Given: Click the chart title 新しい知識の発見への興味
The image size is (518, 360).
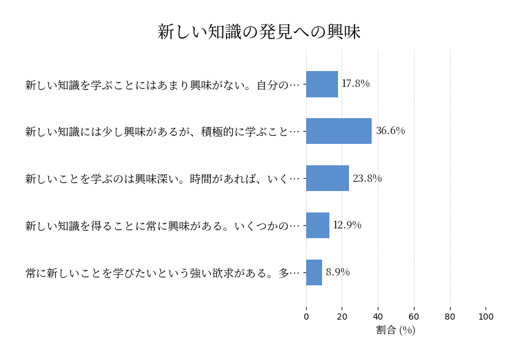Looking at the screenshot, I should pos(259,32).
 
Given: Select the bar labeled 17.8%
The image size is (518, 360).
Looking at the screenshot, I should pos(322,84).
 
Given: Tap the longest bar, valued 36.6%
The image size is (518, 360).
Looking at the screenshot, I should pos(339,131).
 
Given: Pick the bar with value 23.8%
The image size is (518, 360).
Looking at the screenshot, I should pos(328,178).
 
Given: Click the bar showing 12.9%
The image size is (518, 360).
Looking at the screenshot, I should pos(318,225).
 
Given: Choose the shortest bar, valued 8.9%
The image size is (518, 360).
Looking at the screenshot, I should pos(314,272).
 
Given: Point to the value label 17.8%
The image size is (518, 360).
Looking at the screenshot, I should pos(356,84).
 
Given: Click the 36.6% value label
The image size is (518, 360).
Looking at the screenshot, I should pos(391,131).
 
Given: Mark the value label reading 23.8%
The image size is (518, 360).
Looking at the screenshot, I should pos(367,179).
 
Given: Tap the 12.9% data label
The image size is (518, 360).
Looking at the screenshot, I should pos(347,225).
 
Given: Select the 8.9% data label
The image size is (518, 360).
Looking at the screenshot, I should pos(338,272).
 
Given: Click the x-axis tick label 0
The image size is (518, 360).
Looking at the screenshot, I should pos(306,317).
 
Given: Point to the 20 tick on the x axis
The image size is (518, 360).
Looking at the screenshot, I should pos(342,317).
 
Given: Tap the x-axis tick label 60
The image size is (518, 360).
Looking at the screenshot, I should pos(414,317).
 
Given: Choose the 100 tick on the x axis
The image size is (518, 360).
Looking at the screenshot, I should pos(486,317).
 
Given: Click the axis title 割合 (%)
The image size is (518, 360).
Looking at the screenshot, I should pos(396,330).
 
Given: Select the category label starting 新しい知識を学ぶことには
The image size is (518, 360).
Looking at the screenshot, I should pos(163,84).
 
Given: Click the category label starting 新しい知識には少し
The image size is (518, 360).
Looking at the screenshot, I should pos(163,132).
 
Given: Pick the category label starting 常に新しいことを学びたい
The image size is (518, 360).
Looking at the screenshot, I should pos(163,273).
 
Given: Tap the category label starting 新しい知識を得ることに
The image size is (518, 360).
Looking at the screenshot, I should pos(163,226).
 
